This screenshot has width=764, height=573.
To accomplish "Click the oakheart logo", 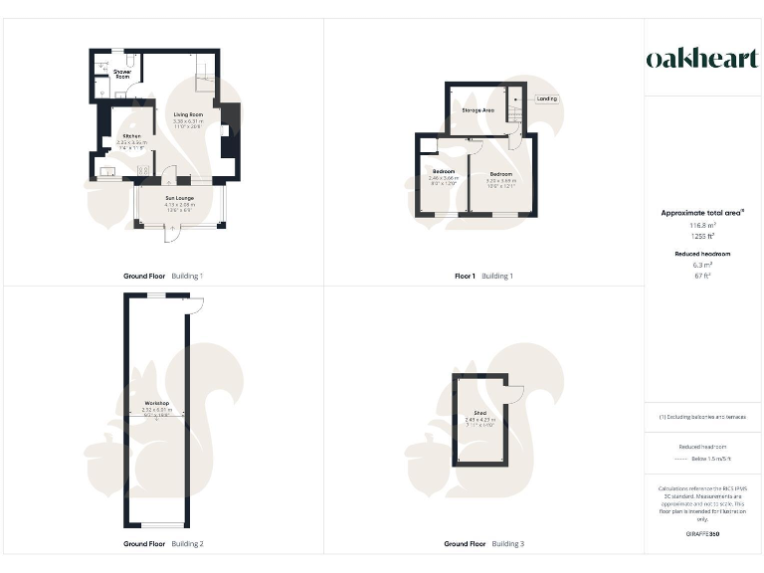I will point(702,59).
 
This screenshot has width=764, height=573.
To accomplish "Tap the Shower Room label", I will point(121,74).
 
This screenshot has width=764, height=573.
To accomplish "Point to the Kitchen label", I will point(131,136).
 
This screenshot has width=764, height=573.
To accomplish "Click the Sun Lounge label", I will point(181,199).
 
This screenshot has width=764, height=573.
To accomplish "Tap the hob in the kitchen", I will point(142,170).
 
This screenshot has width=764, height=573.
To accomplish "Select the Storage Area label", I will point(478,110).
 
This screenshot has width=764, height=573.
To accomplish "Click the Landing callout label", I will point(546,98).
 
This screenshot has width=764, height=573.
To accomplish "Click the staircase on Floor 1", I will point(513,106).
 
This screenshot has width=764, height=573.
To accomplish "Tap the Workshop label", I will point(155,403).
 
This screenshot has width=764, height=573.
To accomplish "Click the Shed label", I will point(479,413).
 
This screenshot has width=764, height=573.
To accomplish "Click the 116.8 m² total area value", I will point(703,227).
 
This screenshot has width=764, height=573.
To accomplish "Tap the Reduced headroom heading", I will point(703,254).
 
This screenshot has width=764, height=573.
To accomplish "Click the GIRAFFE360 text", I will point(703,534).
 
